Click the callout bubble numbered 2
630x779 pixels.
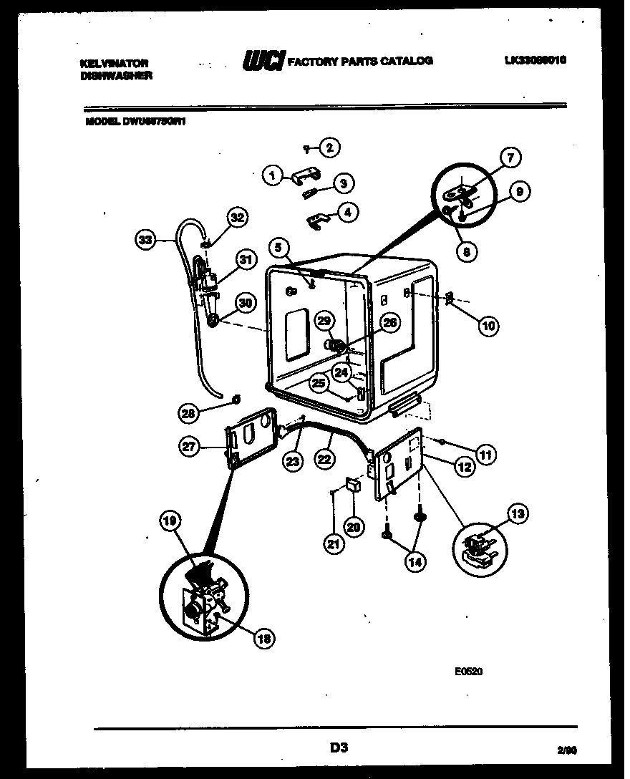click(x=329, y=148)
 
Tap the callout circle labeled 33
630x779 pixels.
click(x=146, y=241)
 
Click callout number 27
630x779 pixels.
click(x=189, y=447)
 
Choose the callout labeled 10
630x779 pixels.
click(x=488, y=326)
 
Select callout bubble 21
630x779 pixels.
click(x=333, y=543)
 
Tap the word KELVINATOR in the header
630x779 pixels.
click(x=114, y=63)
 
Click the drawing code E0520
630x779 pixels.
click(x=469, y=672)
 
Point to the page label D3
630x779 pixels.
click(x=339, y=748)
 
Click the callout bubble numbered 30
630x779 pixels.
click(x=246, y=303)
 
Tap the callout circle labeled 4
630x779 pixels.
click(x=349, y=213)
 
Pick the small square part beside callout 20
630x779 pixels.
click(x=352, y=485)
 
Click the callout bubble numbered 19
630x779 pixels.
click(x=169, y=523)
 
